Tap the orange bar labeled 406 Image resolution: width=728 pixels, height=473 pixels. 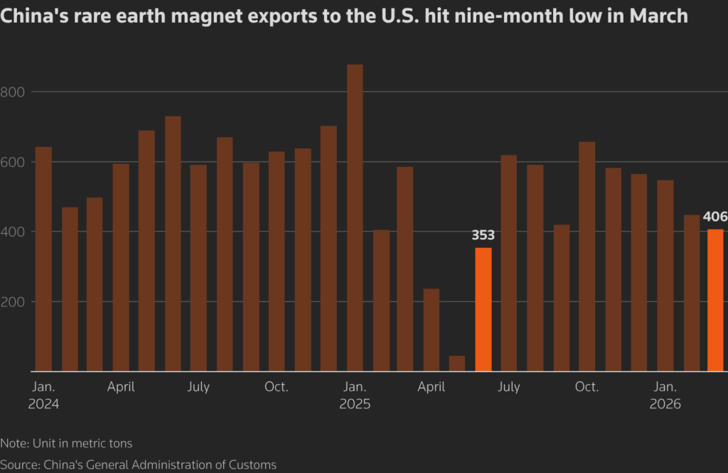[716, 300]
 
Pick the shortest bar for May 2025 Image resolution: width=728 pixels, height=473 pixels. [457, 363]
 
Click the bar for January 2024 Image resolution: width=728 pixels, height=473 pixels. [43, 259]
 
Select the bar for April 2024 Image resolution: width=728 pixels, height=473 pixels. [121, 268]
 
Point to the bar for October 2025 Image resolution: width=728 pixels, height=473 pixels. [587, 256]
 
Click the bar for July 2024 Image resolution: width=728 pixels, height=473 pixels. [198, 268]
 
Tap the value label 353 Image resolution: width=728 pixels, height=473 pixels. [483, 235]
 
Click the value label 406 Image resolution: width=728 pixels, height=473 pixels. [714, 217]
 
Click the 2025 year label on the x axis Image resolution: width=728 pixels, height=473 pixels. [355, 404]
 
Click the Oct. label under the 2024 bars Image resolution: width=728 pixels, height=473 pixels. [276, 387]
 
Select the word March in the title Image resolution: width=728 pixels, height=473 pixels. [657, 16]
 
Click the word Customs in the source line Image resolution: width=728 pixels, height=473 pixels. [251, 464]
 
